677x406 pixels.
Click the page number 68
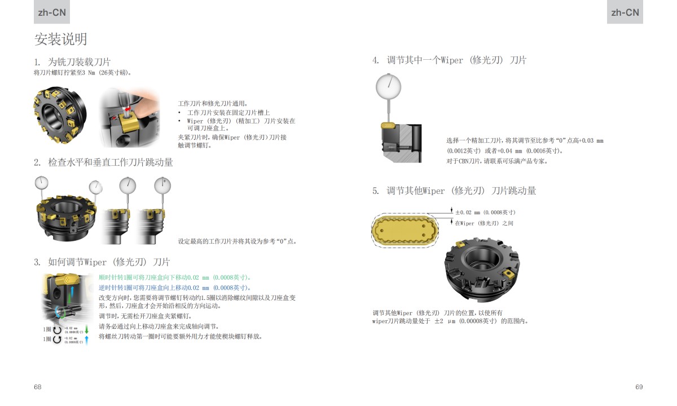(x=38, y=387)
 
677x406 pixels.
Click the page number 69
(x=639, y=387)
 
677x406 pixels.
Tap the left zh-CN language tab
(x=52, y=12)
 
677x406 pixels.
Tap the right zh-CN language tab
(x=625, y=12)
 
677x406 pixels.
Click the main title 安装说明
(x=61, y=39)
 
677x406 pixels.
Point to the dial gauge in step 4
(x=388, y=86)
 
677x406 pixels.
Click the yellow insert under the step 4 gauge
(x=388, y=125)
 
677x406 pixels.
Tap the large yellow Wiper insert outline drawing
(x=405, y=230)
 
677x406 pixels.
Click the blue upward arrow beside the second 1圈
(x=87, y=339)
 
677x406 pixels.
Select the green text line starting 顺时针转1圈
(x=175, y=277)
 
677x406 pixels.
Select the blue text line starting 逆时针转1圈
(x=175, y=288)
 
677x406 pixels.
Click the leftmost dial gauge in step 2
(x=41, y=183)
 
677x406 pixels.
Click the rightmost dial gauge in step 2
(x=162, y=185)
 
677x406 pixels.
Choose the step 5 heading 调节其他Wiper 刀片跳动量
(x=454, y=191)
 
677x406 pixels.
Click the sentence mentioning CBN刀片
(x=497, y=161)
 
